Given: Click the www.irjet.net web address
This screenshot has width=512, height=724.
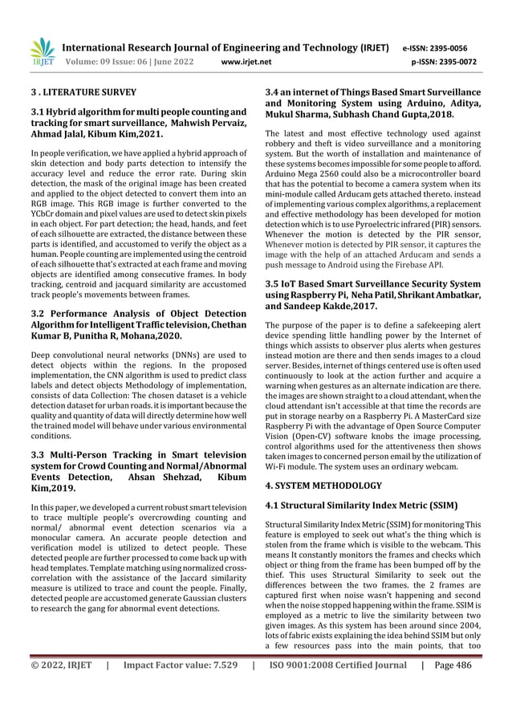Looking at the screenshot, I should click(x=246, y=60).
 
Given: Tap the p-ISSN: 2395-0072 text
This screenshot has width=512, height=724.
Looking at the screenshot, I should click(x=444, y=60).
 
